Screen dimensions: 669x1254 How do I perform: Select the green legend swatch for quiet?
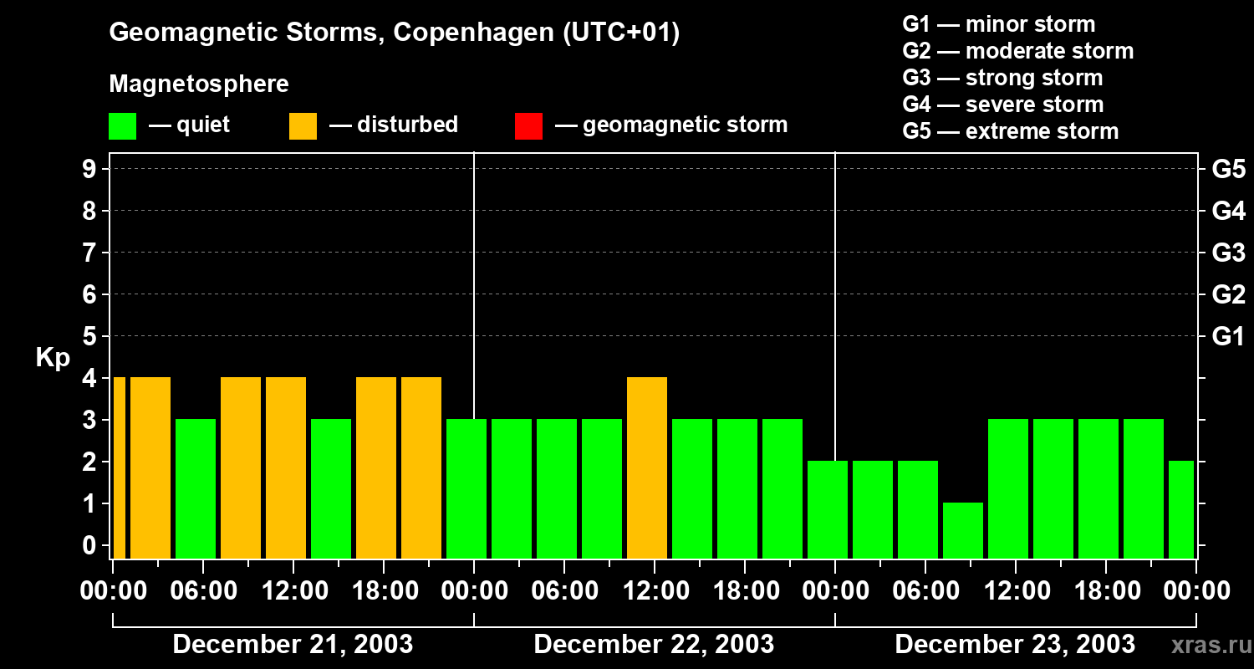[x=123, y=126]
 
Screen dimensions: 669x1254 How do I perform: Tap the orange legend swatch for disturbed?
[x=303, y=126]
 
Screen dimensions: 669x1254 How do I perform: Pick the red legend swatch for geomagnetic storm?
[x=528, y=126]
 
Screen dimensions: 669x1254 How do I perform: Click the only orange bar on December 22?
[x=647, y=467]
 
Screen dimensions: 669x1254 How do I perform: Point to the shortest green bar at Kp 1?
[x=963, y=530]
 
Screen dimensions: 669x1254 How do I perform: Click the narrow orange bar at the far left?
[x=119, y=467]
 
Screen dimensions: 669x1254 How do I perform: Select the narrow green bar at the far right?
[x=1181, y=509]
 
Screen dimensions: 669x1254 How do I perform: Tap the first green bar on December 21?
[x=196, y=488]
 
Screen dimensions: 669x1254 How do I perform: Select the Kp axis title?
[x=53, y=358]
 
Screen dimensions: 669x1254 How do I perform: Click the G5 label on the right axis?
[x=1228, y=170]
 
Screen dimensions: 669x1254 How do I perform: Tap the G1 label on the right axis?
[x=1228, y=337]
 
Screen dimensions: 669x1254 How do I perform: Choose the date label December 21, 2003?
[x=293, y=645]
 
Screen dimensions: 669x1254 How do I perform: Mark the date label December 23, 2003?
[x=1015, y=645]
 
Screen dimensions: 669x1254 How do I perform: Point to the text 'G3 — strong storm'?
[x=1002, y=78]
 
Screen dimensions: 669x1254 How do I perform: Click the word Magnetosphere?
[x=199, y=84]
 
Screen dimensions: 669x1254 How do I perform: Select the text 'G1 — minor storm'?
[x=999, y=24]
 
